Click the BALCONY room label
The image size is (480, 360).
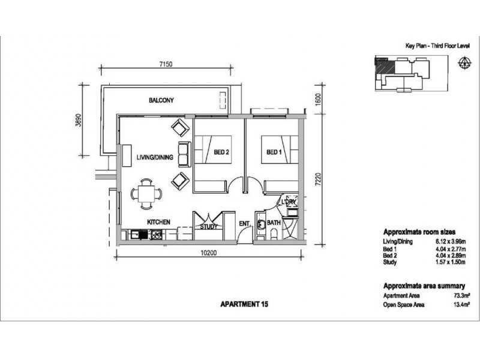click(161, 100)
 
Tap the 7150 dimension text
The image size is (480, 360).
click(166, 64)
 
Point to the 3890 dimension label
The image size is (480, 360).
click(79, 120)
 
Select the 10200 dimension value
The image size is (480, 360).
click(209, 253)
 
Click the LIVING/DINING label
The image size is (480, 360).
click(155, 157)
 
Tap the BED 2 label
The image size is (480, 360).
click(221, 152)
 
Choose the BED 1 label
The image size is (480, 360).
click(274, 152)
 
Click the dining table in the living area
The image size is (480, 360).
click(146, 194)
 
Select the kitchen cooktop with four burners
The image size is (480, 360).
click(156, 235)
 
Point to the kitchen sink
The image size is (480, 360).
click(136, 235)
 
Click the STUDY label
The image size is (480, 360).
click(208, 227)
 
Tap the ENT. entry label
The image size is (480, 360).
click(245, 224)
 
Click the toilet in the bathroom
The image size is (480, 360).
click(274, 235)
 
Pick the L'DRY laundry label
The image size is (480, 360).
click(289, 202)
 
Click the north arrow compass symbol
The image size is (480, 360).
click(464, 63)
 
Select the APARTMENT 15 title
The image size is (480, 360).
click(244, 304)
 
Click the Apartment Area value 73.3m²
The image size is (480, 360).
click(462, 296)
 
